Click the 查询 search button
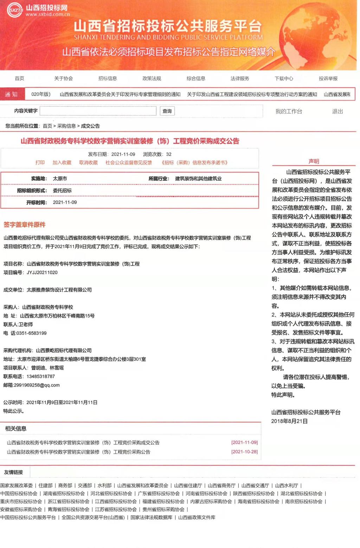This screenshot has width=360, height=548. pyautogui.click(x=167, y=111)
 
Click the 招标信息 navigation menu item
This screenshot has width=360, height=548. pyautogui.click(x=108, y=78)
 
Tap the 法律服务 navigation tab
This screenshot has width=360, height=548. pyautogui.click(x=240, y=78)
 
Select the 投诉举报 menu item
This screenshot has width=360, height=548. pyautogui.click(x=328, y=78)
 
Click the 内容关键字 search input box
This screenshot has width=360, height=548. pyautogui.click(x=98, y=111)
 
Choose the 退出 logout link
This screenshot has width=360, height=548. pyautogui.click(x=337, y=111)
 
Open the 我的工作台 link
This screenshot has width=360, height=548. pyautogui.click(x=289, y=111)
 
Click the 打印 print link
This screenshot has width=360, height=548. pyautogui.click(x=40, y=163)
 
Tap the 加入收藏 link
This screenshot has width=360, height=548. pyautogui.click(x=62, y=163)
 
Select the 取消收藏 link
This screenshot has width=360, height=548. pyautogui.click(x=88, y=163)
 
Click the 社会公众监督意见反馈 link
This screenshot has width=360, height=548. pyautogui.click(x=129, y=163)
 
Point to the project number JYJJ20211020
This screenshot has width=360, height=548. pyautogui.click(x=42, y=273)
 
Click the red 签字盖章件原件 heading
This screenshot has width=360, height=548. pyautogui.click(x=25, y=225)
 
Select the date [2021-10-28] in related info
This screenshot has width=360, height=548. pyautogui.click(x=244, y=452)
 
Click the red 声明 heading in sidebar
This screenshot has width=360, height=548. pyautogui.click(x=314, y=161)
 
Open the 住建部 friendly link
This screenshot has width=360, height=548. pyautogui.click(x=46, y=485)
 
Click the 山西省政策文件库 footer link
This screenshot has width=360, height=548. pyautogui.click(x=197, y=517)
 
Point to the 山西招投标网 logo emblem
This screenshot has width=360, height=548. pyautogui.click(x=15, y=10)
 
